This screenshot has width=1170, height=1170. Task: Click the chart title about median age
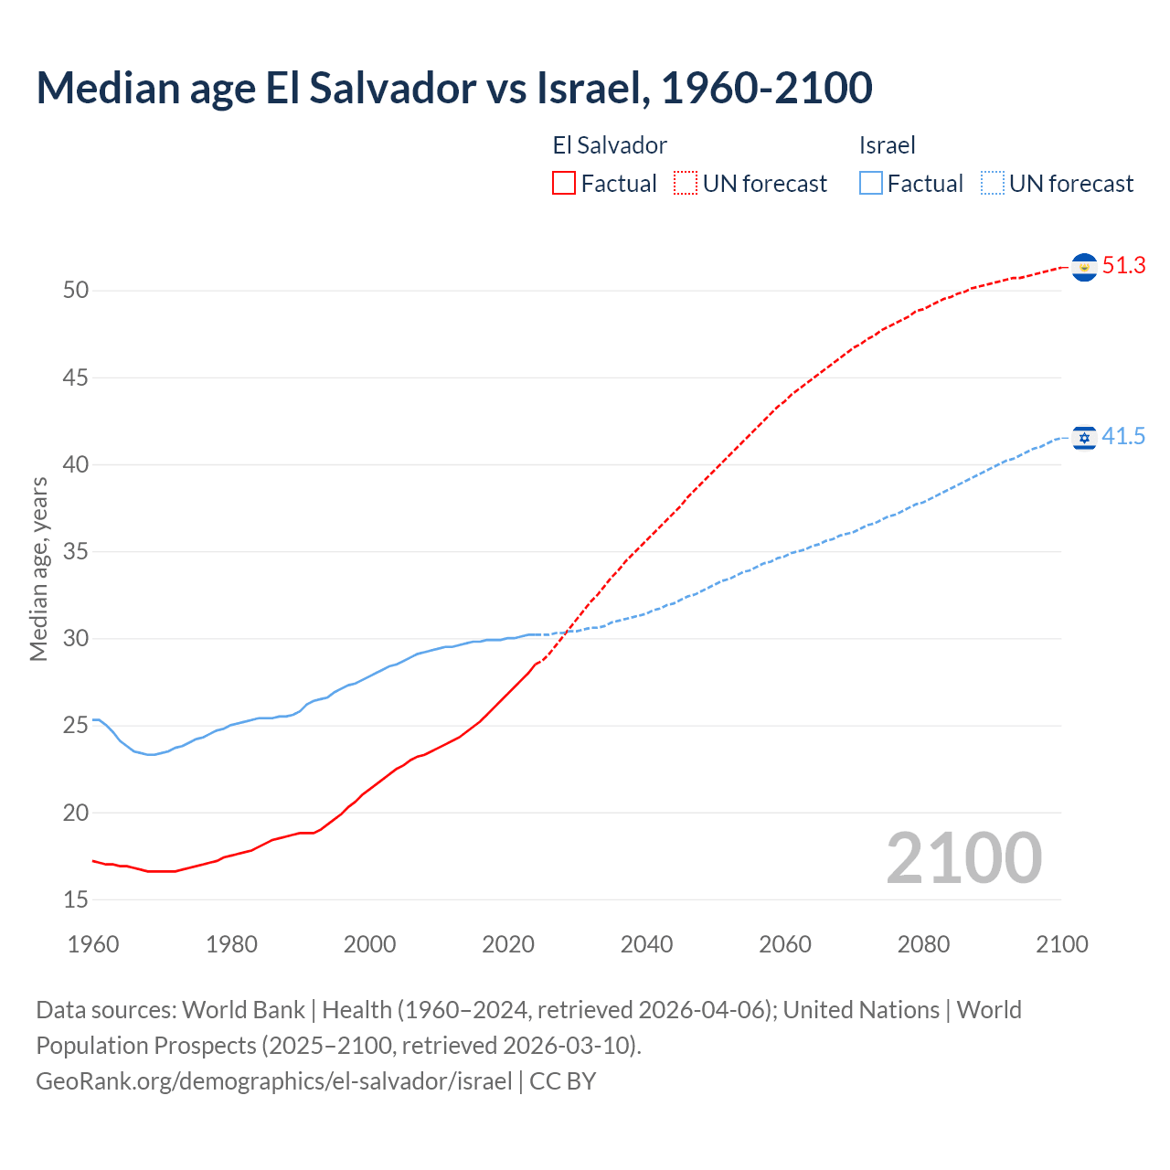pyautogui.click(x=454, y=88)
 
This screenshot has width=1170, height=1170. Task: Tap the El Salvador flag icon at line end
pyautogui.click(x=1084, y=267)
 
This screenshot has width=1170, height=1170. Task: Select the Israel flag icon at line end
pyautogui.click(x=1084, y=438)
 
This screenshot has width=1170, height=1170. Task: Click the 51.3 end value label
pyautogui.click(x=1123, y=266)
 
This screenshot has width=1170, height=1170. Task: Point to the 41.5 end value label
pyautogui.click(x=1123, y=437)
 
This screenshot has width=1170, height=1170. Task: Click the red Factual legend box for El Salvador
pyautogui.click(x=564, y=184)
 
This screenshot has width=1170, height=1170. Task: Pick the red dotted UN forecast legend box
pyautogui.click(x=686, y=184)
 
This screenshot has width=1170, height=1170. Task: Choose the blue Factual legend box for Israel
pyautogui.click(x=871, y=184)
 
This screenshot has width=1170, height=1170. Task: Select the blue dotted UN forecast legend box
pyautogui.click(x=993, y=184)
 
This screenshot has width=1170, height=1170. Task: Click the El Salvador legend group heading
pyautogui.click(x=610, y=145)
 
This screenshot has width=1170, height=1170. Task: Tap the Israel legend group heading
pyautogui.click(x=887, y=145)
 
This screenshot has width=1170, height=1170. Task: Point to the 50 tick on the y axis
pyautogui.click(x=76, y=291)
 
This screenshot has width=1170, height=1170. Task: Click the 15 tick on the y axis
pyautogui.click(x=76, y=899)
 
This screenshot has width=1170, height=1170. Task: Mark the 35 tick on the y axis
pyautogui.click(x=76, y=552)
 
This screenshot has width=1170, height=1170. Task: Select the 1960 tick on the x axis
pyautogui.click(x=93, y=944)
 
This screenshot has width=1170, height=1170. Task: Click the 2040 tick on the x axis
pyautogui.click(x=646, y=944)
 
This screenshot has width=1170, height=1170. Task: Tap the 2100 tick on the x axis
pyautogui.click(x=1061, y=944)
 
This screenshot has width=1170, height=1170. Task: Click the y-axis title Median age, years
pyautogui.click(x=38, y=569)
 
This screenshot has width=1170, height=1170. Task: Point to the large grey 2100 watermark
pyautogui.click(x=963, y=857)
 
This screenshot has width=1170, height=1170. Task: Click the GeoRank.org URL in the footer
pyautogui.click(x=274, y=1081)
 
